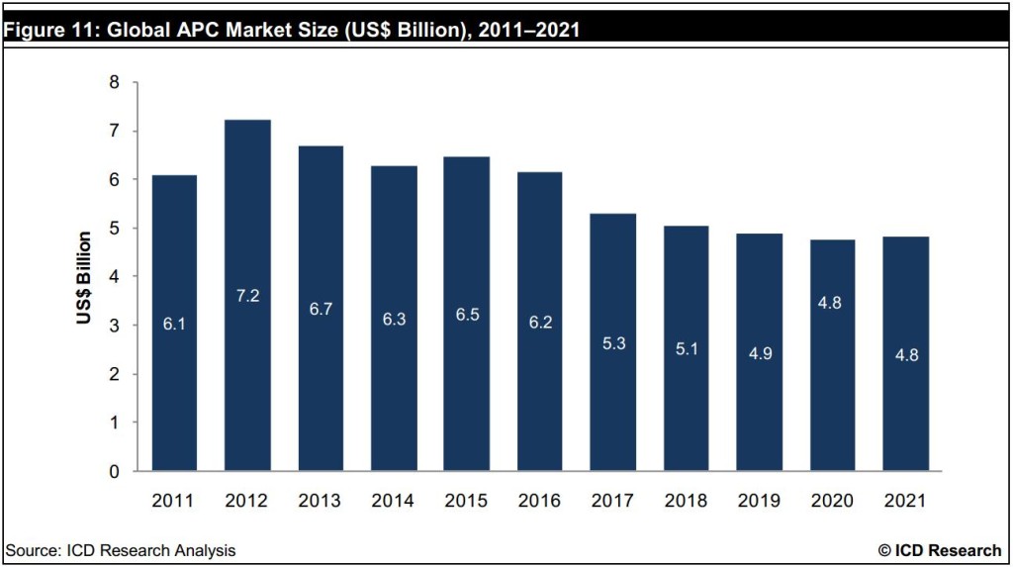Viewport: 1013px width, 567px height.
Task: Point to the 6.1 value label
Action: [x=173, y=324]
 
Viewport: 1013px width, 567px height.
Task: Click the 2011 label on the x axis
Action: [x=173, y=501]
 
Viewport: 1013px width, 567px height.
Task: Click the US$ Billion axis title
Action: [x=85, y=277]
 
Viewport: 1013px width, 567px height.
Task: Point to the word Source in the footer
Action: [x=31, y=549]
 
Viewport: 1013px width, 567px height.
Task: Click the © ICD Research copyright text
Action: [x=939, y=549]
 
